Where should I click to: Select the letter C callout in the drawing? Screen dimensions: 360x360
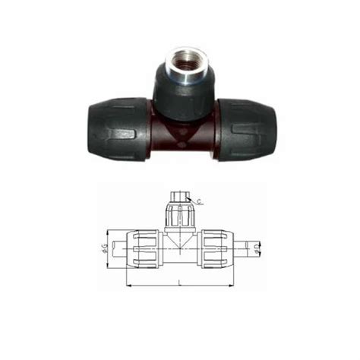[198, 201]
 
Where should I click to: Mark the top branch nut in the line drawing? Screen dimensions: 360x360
[179, 214]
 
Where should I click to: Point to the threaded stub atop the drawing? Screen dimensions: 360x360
[179, 197]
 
